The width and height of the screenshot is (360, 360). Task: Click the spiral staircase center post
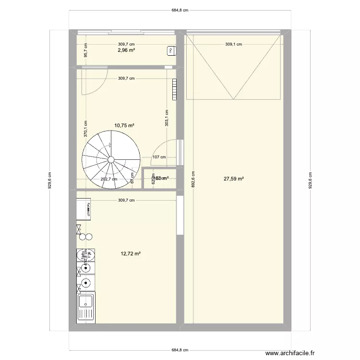coord(111,159)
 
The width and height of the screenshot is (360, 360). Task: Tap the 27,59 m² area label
coord(233,179)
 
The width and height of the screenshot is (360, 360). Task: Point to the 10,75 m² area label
coord(124,125)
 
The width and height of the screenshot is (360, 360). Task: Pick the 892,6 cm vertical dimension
coord(193,179)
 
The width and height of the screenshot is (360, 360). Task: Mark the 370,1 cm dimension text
coord(86,129)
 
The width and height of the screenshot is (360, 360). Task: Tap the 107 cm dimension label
coord(159,157)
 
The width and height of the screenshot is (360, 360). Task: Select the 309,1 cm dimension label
coord(233,44)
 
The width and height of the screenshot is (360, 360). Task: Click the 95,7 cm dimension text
coord(85,51)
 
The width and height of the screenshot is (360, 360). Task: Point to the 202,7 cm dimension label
coord(109,180)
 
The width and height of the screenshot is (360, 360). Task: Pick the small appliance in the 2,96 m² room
coord(170,50)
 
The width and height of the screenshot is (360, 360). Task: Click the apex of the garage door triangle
coord(233,99)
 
